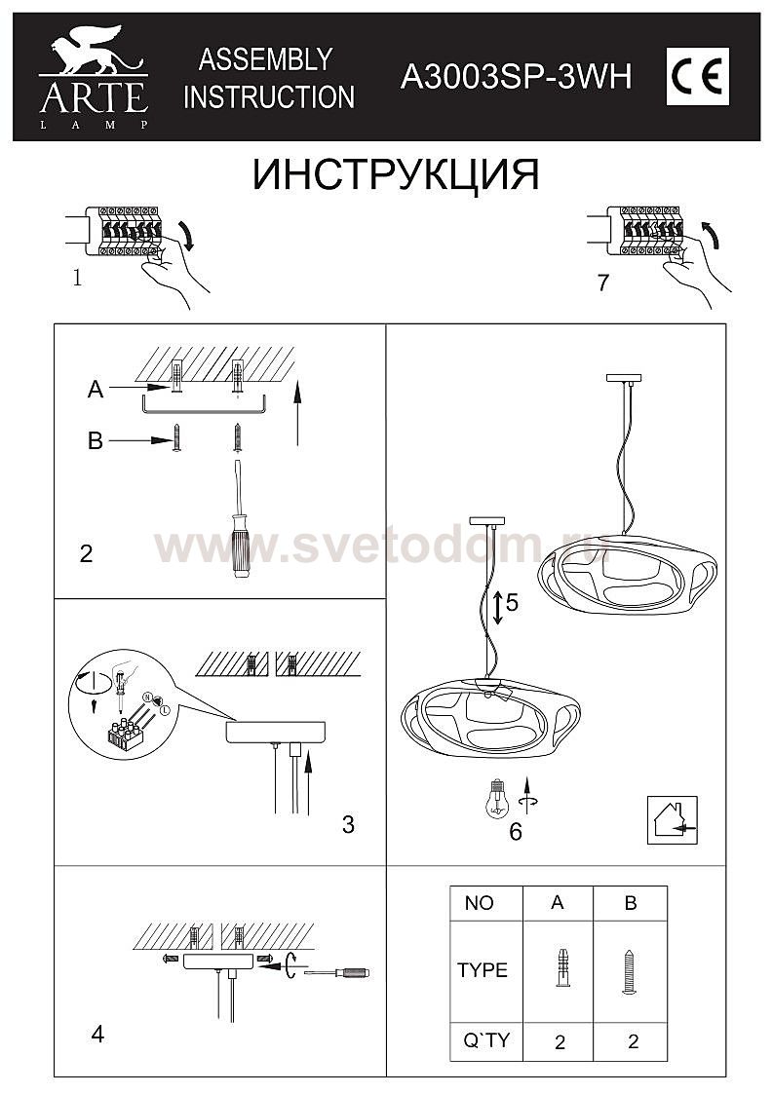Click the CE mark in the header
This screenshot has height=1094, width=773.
pos(698,77)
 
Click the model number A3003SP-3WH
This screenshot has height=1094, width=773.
pos(516,76)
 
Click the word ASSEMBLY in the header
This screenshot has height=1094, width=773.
pos(265,59)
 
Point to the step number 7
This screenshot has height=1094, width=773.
pos(603,283)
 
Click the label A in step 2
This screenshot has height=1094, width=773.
pos(96,389)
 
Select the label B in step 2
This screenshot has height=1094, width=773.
pos(96,441)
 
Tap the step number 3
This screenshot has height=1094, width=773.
pos(348,825)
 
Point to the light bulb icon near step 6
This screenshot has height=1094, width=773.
pos(497,798)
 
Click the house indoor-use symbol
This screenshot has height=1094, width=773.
pos(672,820)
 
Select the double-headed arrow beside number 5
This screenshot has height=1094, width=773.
pos(497,607)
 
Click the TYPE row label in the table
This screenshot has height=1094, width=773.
pos(483,970)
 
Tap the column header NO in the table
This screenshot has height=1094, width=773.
pos(479,903)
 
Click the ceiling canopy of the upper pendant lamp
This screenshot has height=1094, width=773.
pos(624,378)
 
